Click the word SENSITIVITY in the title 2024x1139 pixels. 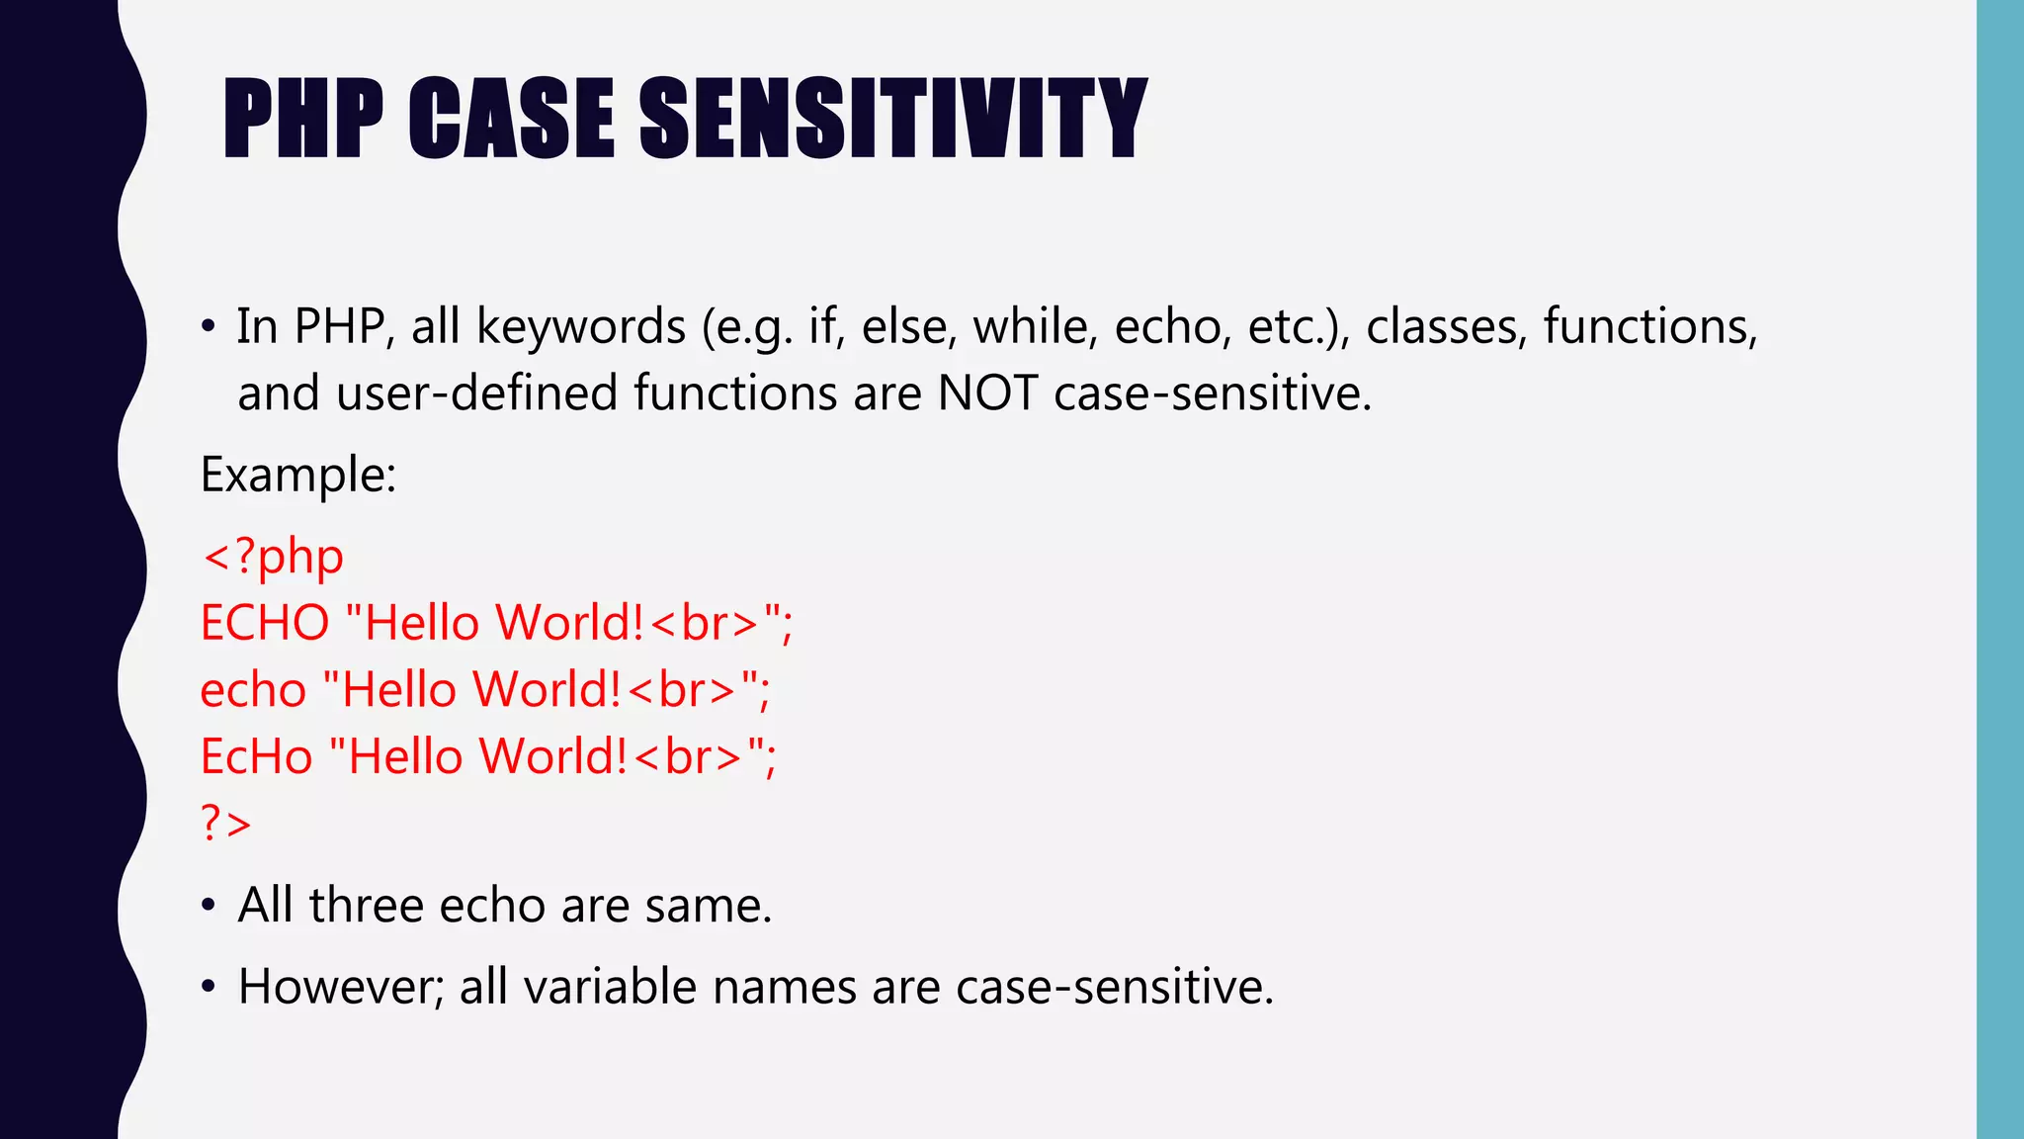point(892,119)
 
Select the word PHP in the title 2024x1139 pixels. point(303,119)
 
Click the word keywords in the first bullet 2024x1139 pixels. point(581,326)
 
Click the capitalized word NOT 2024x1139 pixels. point(987,394)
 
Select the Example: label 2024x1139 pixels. point(298,475)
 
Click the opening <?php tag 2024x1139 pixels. point(273,557)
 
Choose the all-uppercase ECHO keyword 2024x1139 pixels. point(265,623)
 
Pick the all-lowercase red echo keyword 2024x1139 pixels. point(253,690)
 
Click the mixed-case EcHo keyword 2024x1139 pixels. point(257,756)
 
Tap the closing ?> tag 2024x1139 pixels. point(226,823)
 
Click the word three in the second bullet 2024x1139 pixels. point(367,905)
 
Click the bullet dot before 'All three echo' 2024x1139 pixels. point(208,906)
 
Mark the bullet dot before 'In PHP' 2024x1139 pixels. point(208,327)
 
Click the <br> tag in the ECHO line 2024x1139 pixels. point(706,623)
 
